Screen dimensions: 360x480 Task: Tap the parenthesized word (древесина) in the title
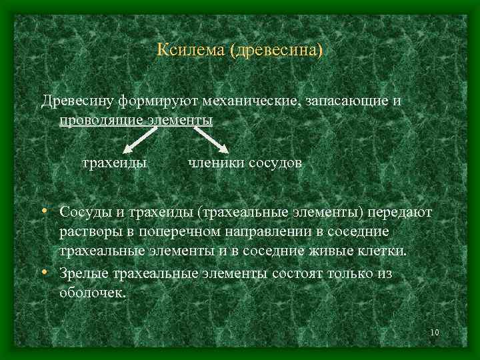point(275,51)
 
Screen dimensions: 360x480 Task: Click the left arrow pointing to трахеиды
point(142,138)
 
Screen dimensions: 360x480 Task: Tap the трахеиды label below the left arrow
point(113,163)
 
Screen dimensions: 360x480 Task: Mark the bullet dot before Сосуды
point(43,212)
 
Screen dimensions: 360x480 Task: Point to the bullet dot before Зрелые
point(43,273)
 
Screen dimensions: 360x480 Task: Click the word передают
point(401,213)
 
